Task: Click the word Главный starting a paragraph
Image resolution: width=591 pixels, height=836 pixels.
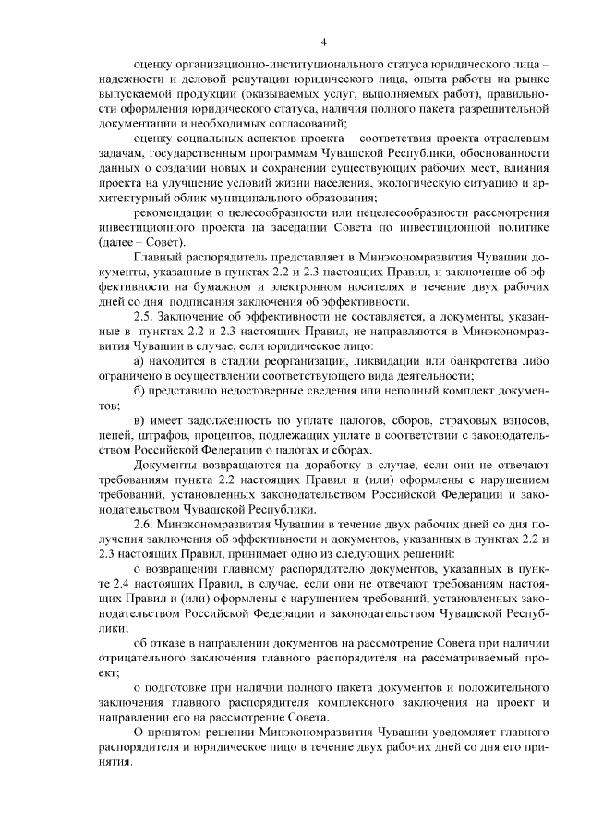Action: pos(159,252)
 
